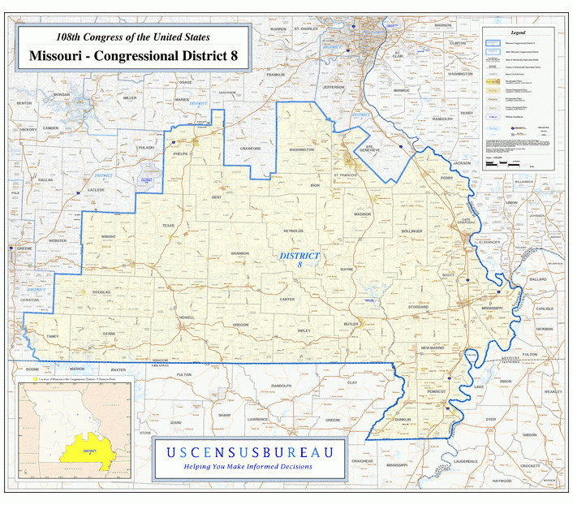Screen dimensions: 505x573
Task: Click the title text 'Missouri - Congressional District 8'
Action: pyautogui.click(x=132, y=56)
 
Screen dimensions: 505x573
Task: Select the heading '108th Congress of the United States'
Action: pyautogui.click(x=132, y=37)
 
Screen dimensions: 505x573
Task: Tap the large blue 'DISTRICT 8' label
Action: pyautogui.click(x=299, y=260)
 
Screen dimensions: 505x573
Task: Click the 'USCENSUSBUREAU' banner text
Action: pyautogui.click(x=248, y=451)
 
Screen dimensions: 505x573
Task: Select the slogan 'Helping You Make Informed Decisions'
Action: pyautogui.click(x=248, y=467)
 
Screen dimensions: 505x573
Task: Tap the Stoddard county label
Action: pyautogui.click(x=418, y=307)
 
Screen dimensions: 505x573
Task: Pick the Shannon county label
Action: pyautogui.click(x=240, y=253)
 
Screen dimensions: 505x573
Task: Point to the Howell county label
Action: pyautogui.click(x=187, y=317)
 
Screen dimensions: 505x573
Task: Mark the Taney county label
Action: pyautogui.click(x=53, y=335)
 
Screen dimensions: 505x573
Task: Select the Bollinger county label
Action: pyautogui.click(x=411, y=231)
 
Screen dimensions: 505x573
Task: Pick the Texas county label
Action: pyautogui.click(x=168, y=226)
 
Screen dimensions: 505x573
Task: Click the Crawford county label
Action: pyautogui.click(x=251, y=149)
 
